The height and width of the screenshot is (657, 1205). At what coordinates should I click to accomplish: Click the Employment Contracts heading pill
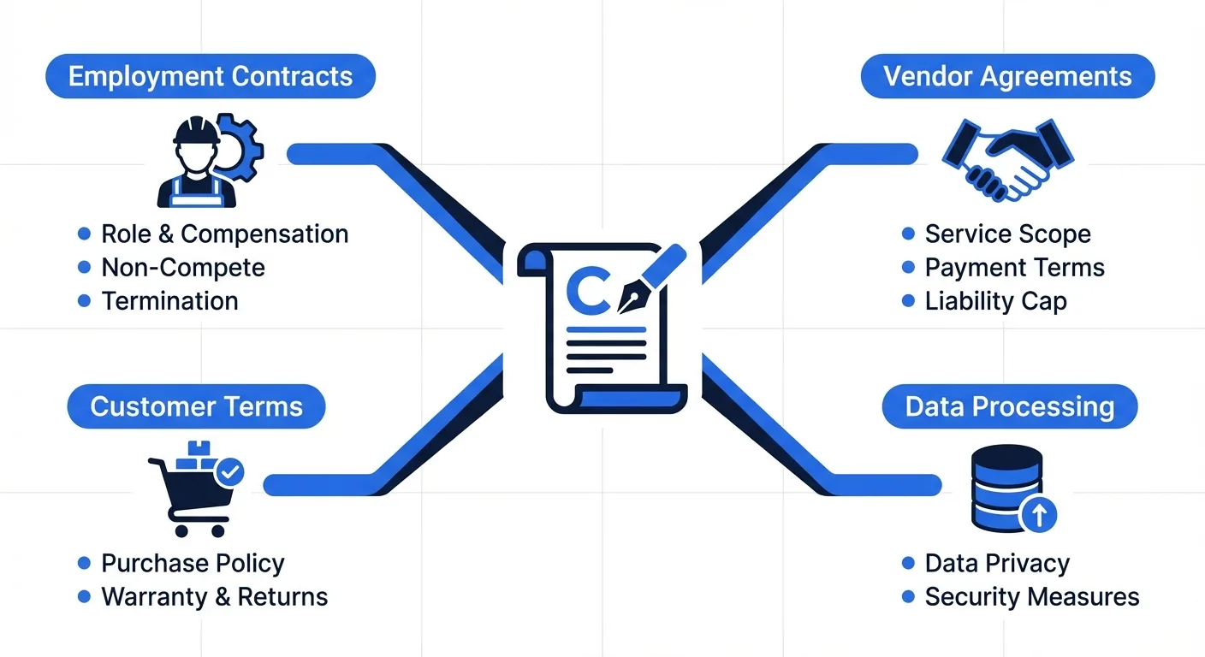(210, 76)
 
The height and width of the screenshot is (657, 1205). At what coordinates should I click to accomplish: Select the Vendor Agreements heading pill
(1007, 76)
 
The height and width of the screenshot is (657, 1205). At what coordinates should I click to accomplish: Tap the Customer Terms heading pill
(196, 405)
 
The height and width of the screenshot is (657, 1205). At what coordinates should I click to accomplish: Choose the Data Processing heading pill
(1010, 406)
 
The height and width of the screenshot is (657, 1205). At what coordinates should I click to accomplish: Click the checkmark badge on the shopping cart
(229, 471)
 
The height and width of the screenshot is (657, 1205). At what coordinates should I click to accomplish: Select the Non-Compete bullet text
(183, 268)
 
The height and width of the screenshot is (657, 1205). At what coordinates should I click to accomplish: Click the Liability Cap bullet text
(995, 301)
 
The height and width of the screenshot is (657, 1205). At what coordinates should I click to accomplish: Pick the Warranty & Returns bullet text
(214, 596)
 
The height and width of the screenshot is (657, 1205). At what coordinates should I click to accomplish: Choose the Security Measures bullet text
(1031, 596)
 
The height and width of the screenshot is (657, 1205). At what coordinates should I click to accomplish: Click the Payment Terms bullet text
(1014, 268)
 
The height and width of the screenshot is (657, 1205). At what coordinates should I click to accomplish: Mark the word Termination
(169, 301)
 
